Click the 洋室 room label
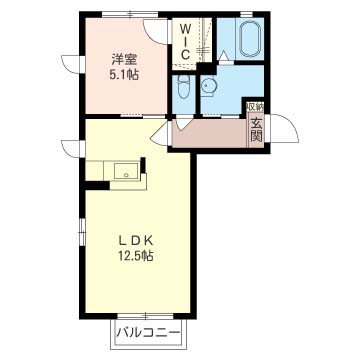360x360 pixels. click(x=124, y=60)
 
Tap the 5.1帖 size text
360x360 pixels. click(x=124, y=75)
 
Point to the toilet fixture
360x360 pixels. click(x=183, y=86)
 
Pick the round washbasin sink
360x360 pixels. click(x=209, y=87)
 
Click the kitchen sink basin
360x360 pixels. click(x=126, y=172)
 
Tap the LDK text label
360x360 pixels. click(x=136, y=240)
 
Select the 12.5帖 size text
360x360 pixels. click(x=136, y=256)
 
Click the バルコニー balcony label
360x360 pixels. click(x=148, y=333)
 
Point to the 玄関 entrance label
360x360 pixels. click(x=256, y=129)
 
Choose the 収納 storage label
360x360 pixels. click(x=255, y=107)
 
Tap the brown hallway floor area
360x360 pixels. click(x=209, y=133)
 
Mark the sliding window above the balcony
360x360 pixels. click(x=146, y=315)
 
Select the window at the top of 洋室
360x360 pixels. click(x=130, y=15)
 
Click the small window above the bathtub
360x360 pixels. click(x=247, y=14)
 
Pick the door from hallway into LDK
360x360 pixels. click(x=161, y=133)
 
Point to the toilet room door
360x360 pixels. click(x=183, y=124)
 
